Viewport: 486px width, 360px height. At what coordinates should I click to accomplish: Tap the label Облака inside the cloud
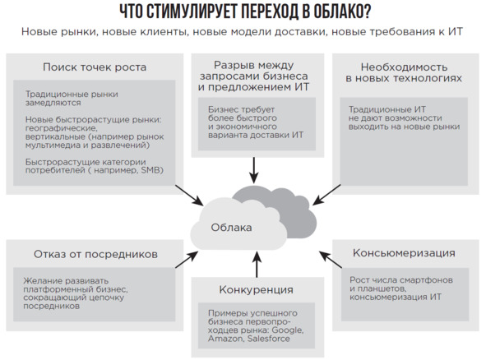tap(231, 228)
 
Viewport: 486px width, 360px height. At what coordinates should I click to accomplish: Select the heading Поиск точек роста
tap(95, 67)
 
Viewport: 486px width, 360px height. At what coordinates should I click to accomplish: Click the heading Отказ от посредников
tap(95, 254)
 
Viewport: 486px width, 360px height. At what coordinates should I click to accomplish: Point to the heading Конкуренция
tap(256, 289)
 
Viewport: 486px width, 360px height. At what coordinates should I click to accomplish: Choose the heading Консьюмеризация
tap(404, 253)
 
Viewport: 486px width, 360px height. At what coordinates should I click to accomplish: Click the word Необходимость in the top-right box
tap(404, 67)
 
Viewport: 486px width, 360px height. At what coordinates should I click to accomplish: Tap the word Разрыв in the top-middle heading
tap(234, 66)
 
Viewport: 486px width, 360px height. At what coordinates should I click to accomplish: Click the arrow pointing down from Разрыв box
tap(254, 170)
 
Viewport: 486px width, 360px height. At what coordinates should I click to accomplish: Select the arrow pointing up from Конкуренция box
tap(257, 265)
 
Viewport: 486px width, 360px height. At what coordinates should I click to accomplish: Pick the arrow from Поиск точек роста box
tap(189, 195)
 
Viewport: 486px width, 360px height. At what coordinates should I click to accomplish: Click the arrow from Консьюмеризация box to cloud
tap(331, 259)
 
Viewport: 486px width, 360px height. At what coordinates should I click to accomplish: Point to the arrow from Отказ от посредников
tap(187, 259)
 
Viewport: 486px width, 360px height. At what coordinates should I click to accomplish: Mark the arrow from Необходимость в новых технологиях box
tap(326, 195)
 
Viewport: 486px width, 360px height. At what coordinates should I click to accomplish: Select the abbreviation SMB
tap(150, 170)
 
